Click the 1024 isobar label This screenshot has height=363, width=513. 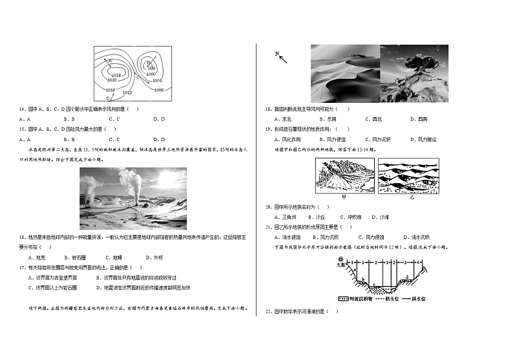[116, 75]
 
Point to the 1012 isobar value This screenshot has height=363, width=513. [127, 93]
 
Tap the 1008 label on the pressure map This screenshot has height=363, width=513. [159, 90]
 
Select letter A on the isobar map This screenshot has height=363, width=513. [110, 61]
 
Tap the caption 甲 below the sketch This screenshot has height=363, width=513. [344, 196]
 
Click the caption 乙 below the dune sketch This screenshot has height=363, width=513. [412, 196]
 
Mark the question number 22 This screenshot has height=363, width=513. [268, 312]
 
